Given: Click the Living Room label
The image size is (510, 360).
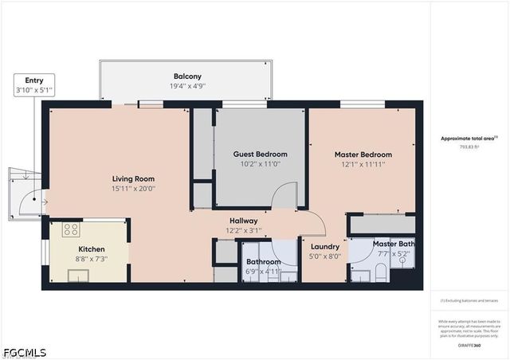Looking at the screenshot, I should (x=133, y=178).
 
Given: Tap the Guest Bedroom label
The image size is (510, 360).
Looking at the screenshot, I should (x=260, y=154).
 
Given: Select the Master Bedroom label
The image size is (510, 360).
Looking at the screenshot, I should (x=363, y=154).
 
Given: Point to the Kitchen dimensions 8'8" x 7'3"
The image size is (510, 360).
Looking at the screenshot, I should (x=91, y=259).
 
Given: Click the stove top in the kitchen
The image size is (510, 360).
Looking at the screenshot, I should (x=71, y=230).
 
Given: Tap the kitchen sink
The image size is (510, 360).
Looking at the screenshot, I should (x=78, y=276).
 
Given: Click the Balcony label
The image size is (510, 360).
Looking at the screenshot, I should (x=186, y=76).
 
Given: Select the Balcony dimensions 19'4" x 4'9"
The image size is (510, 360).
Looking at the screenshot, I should (x=186, y=86).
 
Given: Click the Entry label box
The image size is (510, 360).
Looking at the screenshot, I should (x=34, y=85).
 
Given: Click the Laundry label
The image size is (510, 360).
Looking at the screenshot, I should (x=325, y=247).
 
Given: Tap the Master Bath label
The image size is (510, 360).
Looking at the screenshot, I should (x=393, y=244).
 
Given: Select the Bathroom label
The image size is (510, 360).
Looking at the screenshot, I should (x=262, y=261).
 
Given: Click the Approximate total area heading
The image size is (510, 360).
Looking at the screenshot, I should (x=469, y=139).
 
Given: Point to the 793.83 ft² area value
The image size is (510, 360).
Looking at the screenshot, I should (x=468, y=147).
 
